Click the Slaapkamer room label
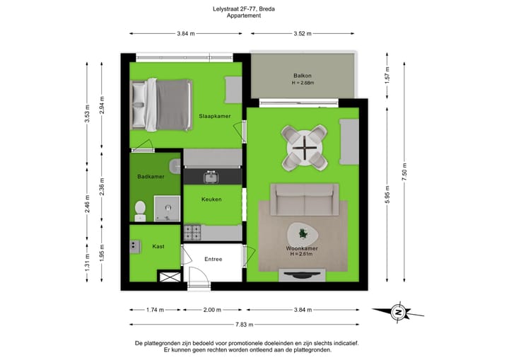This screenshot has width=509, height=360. tap(215, 115)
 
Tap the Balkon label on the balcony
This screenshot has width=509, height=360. tap(303, 76)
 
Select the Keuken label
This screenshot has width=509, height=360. tap(211, 199)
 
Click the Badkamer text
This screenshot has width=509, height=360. tap(151, 178)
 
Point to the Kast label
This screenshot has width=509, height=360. tap(159, 246)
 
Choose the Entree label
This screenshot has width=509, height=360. tap(213, 259)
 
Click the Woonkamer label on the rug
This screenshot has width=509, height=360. tap(302, 249)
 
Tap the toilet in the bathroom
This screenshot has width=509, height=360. tap(140, 209)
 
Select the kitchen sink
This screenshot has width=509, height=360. tap(210, 174)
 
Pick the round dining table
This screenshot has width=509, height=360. tap(304, 149)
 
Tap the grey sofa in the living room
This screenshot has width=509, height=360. tap(304, 199)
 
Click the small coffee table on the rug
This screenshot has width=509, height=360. tap(303, 232)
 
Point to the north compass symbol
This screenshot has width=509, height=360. tap(399, 311)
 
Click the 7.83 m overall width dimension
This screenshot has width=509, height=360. tap(245, 325)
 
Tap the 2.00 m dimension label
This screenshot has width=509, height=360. tap(212, 310)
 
